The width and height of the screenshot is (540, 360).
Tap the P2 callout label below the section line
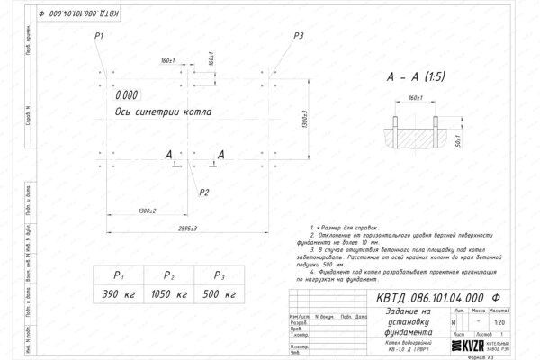[204, 192]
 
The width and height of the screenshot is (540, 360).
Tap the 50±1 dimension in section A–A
[457, 140]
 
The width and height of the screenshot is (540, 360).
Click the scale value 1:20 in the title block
[511, 321]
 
